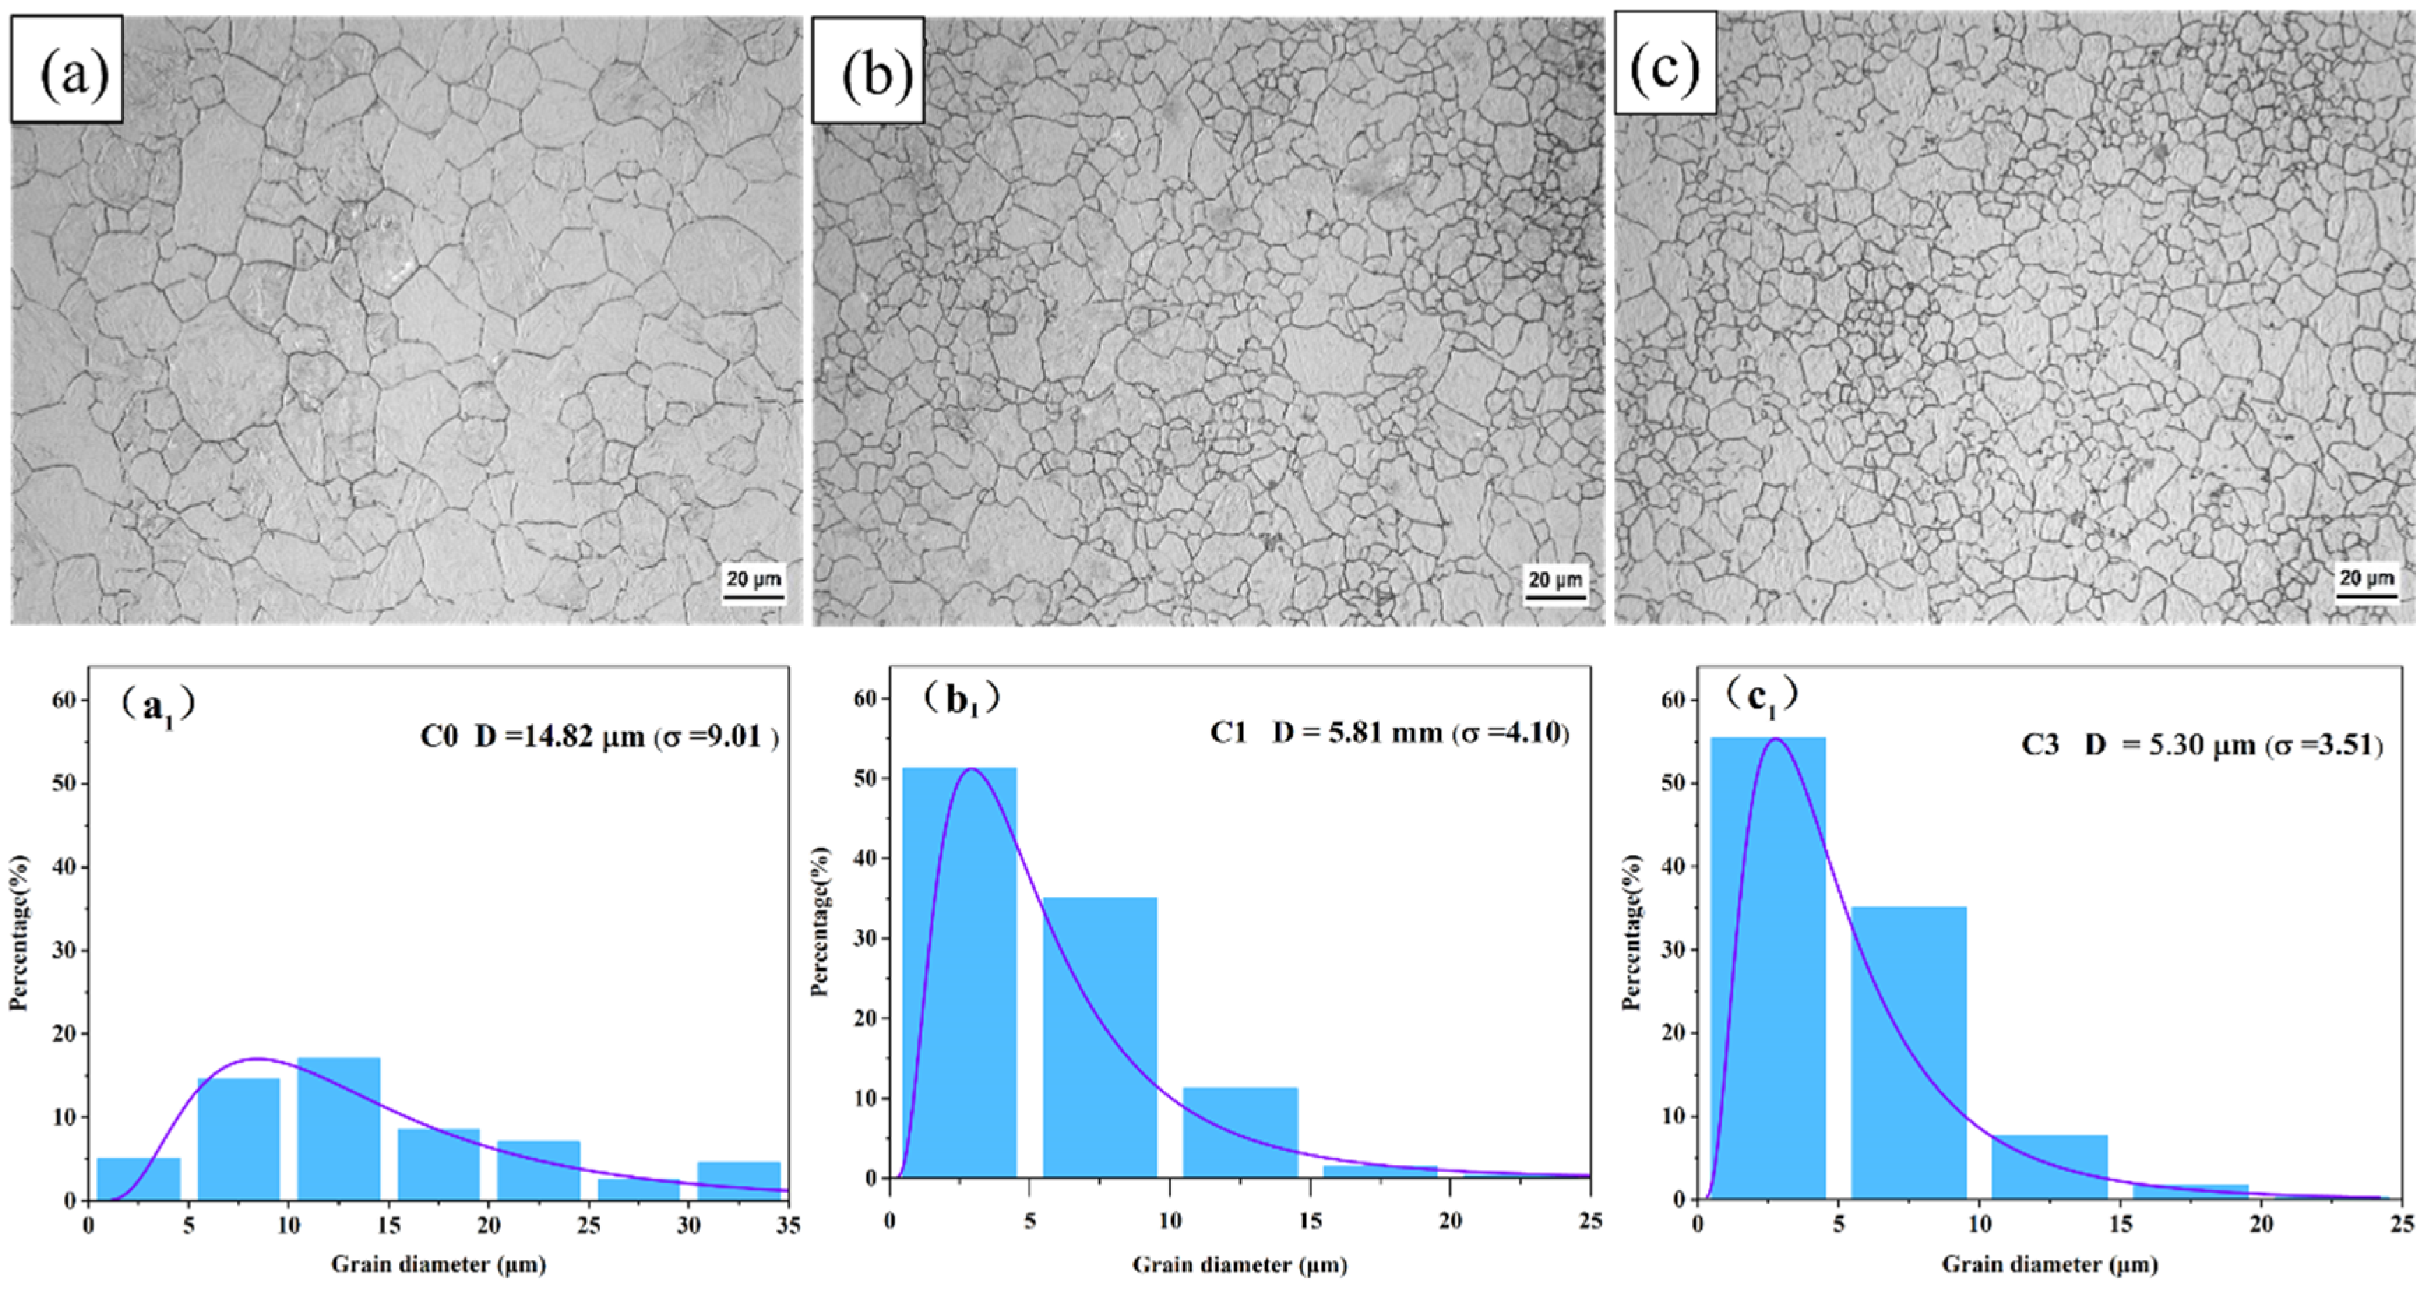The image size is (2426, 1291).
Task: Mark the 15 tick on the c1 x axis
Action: [x=2120, y=1224]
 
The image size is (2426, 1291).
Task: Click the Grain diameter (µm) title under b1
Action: [x=1238, y=1264]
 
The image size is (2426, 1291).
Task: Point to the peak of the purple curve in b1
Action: [x=971, y=769]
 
